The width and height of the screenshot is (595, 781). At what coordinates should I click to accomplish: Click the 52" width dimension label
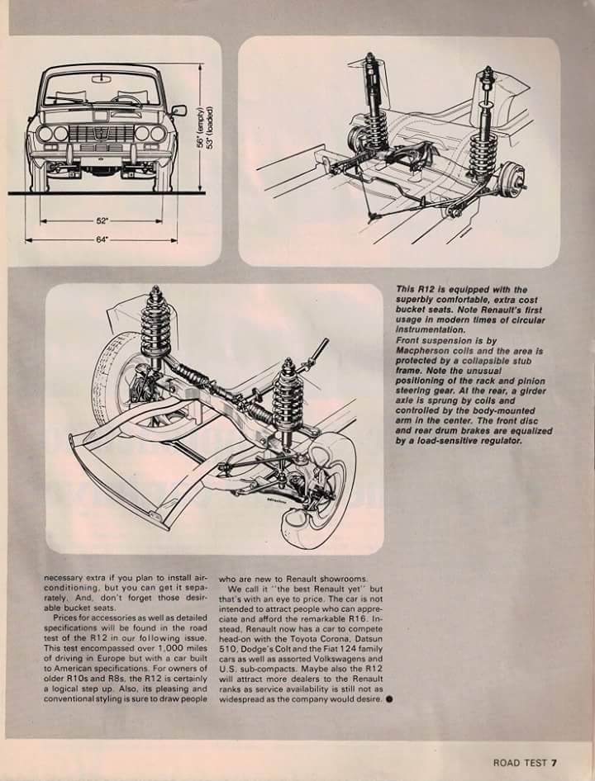coord(102,221)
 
